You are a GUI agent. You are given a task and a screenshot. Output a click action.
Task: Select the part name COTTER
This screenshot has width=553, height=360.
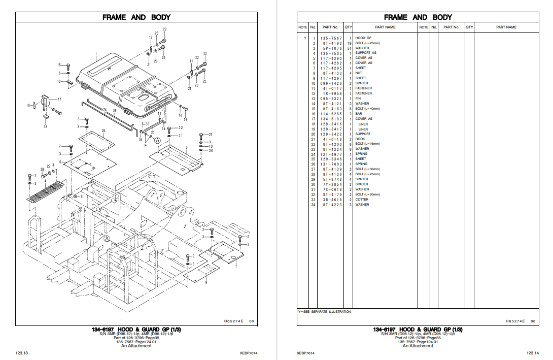pos(362,200)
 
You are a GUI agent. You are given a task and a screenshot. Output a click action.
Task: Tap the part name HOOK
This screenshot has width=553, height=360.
pos(360,139)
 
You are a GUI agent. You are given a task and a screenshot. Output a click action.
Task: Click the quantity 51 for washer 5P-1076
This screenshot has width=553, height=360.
pos(349,48)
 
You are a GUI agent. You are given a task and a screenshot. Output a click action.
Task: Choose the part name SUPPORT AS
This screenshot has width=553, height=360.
pos(366,53)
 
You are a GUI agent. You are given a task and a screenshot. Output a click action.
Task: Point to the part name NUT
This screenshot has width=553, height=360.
pos(359,73)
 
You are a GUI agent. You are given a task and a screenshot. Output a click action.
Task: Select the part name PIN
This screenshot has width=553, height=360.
pos(358,99)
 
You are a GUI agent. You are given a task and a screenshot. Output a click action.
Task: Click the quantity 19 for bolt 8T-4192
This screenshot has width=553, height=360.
pos(349,43)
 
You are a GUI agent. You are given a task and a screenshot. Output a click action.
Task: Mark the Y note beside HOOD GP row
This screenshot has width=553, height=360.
pos(305,38)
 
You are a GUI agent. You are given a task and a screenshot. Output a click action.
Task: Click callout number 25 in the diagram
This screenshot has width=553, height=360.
pos(103,131)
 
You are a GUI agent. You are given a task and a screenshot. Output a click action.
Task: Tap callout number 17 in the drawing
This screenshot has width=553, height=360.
pos(59,99)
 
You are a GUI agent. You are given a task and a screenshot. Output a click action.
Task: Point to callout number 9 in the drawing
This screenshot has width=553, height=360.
pos(206,282)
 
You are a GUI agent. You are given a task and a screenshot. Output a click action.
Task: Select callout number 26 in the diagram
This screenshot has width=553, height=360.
pos(115,111)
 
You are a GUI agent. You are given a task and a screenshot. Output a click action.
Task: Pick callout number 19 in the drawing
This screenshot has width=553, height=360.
pos(28,105)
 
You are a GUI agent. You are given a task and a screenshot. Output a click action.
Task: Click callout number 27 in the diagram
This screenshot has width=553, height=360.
pos(211,135)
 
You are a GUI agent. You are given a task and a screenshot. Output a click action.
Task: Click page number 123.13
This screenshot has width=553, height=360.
pos(21,352)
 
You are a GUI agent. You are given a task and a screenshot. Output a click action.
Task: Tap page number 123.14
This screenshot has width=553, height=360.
pos(532,352)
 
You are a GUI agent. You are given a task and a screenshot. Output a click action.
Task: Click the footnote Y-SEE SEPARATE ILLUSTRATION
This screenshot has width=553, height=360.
pos(324,311)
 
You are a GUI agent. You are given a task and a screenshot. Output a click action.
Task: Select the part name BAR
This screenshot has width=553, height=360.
pos(359,114)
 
